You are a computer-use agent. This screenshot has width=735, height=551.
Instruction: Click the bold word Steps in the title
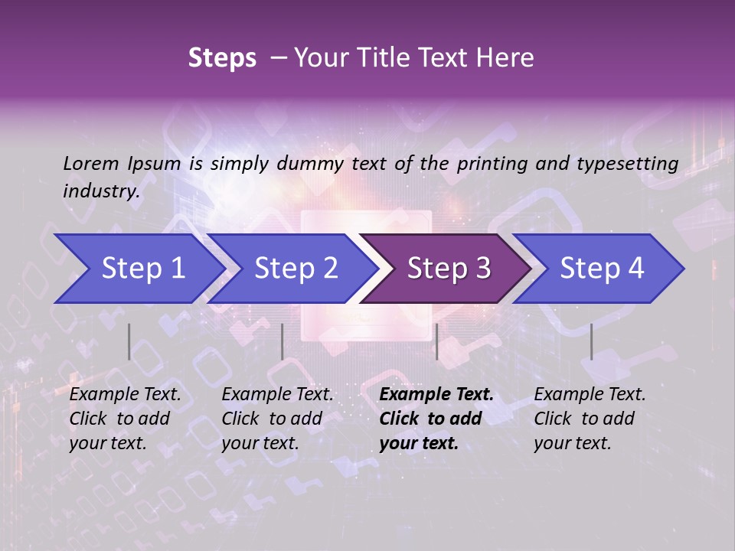coord(222,58)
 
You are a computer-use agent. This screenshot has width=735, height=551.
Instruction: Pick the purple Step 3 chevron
coord(449,269)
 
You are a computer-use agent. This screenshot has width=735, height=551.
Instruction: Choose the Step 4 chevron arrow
coord(602,269)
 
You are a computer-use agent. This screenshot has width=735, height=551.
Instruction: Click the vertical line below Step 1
coord(129,341)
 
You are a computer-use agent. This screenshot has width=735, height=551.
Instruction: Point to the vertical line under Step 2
coord(283,341)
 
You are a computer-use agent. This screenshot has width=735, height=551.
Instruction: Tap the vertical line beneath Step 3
coord(436,341)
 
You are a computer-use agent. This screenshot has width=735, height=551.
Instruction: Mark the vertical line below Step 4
coord(591,341)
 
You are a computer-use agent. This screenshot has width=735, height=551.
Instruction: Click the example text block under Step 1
coord(125,419)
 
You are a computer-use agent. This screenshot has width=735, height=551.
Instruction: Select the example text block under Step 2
coord(277,419)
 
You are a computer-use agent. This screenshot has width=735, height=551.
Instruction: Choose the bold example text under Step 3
coord(436,419)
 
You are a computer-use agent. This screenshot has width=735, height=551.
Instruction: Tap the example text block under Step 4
coord(590,419)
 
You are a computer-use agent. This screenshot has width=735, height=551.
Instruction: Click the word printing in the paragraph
coord(492,164)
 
